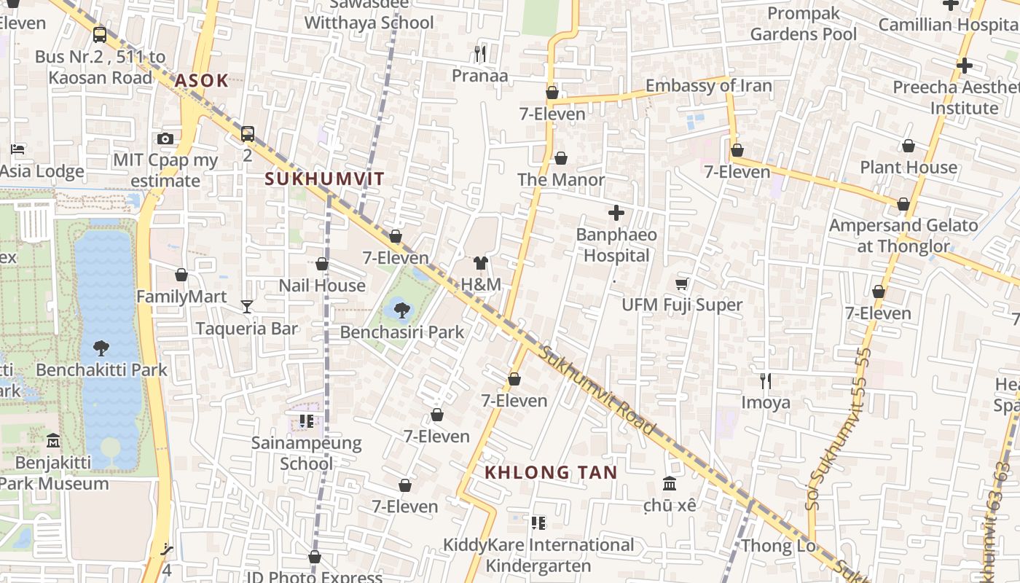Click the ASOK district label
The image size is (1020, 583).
pos(201,80)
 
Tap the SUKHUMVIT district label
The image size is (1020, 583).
pos(324,179)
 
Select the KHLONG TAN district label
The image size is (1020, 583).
pos(551,472)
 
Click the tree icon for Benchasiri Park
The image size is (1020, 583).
pos(401,310)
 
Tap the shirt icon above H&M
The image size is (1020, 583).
pos(480,263)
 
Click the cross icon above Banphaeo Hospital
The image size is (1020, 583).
pos(616,213)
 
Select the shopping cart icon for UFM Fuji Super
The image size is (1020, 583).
pos(682,283)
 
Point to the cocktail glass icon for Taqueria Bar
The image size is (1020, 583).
pos(247,306)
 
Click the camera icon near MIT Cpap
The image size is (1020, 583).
pos(165,138)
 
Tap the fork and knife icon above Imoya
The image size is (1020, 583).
pos(765,380)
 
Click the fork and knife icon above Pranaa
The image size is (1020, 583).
pos(479,53)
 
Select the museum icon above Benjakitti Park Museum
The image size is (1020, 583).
pos(53,441)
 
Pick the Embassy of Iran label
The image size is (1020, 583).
pos(708,85)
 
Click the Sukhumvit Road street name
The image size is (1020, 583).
pos(597,391)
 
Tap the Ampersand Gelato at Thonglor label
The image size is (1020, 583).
pos(903,235)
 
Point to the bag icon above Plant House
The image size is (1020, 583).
pos(909,146)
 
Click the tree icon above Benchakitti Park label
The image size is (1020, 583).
pos(101,348)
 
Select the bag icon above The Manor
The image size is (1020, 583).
pos(561,158)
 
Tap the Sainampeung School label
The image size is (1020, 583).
pos(306,453)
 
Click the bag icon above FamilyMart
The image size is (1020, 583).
pos(181,275)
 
